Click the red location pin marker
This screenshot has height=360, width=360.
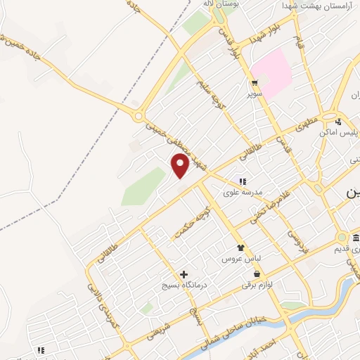(181, 166)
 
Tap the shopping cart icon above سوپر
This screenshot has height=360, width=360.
(252, 82)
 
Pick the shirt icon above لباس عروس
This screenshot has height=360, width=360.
(241, 247)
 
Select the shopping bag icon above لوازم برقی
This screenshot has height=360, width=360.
(257, 274)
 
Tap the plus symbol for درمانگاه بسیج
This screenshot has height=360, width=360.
(184, 274)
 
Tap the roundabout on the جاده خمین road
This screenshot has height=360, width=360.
(139, 116)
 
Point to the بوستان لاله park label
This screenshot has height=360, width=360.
(218, 4)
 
